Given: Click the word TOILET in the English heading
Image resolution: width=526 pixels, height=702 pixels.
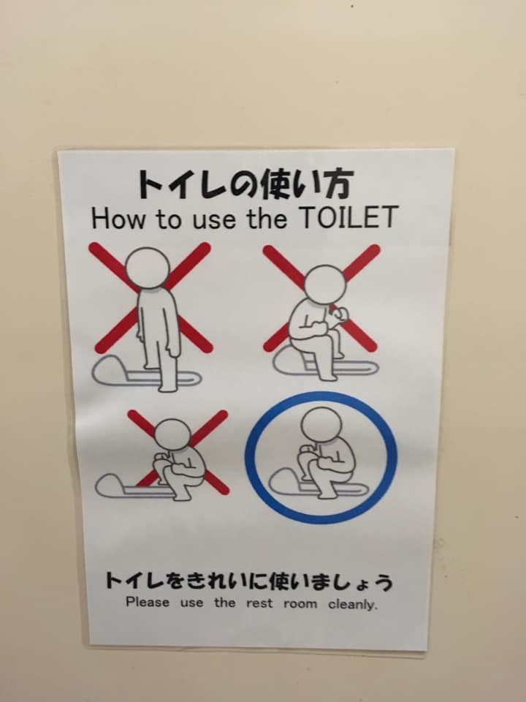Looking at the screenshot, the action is point(348,217).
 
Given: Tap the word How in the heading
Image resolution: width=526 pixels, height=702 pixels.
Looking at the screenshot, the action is point(118,219).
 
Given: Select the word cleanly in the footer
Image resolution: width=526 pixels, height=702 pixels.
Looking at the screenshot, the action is point(353,605).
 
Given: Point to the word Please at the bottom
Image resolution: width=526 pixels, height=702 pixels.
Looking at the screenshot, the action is point(148,602).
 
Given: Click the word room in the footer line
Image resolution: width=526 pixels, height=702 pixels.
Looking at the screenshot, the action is point(300,604).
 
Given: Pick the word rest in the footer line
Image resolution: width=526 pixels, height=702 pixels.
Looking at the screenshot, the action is point(259,603).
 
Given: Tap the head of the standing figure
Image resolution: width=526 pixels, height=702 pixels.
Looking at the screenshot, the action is point(147,268).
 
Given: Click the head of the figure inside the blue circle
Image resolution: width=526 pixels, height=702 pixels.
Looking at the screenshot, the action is point(321,424).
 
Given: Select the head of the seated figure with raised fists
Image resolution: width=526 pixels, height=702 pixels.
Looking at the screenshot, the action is point(325,284).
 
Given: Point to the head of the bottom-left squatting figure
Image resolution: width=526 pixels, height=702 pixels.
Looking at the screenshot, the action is point(172,434).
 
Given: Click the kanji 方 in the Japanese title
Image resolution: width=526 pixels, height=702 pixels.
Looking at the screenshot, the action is point(338,183).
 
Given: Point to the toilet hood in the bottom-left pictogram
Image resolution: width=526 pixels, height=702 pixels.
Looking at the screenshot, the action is point(112,486).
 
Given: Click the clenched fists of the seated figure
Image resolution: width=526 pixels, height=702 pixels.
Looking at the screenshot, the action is point(336,316).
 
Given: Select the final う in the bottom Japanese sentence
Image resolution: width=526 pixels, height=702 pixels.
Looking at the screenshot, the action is point(384,582).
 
